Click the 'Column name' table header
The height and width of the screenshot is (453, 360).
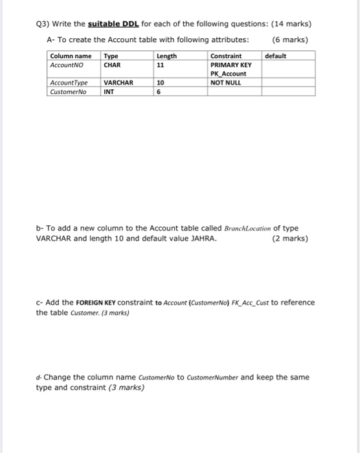pos(71,56)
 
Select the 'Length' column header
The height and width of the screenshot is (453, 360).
pos(166,56)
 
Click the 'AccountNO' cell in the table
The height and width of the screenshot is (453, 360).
pos(66,65)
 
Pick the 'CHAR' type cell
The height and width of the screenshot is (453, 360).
pos(113,65)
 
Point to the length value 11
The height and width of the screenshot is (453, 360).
pos(161,65)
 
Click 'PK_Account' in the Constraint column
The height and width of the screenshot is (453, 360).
pos(228,74)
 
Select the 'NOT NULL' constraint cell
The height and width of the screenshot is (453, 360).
pos(226,83)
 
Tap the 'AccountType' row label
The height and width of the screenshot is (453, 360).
pos(69,83)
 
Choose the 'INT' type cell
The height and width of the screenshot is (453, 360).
pos(109,91)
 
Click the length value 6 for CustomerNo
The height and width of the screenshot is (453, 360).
pos(159,91)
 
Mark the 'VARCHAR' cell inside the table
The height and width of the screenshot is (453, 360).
pos(118,83)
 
